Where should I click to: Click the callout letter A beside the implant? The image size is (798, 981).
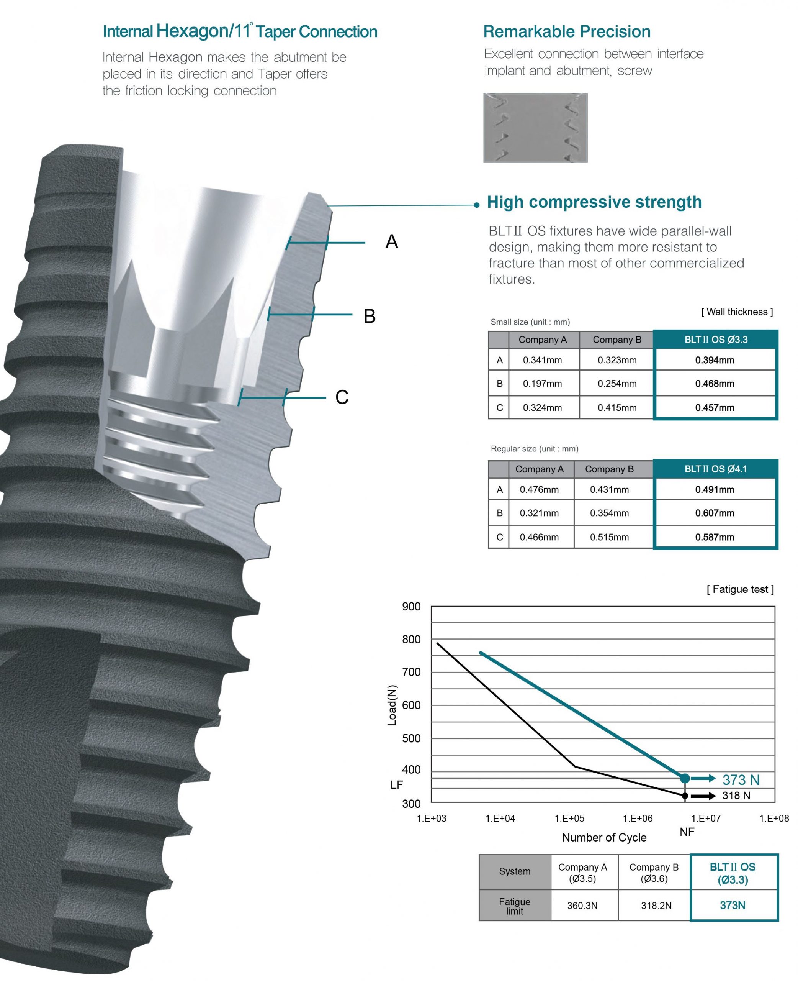tap(392, 242)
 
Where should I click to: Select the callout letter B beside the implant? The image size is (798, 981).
tap(370, 317)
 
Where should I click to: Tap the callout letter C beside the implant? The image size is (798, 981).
tap(342, 397)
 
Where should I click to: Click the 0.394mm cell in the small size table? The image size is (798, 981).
tap(715, 360)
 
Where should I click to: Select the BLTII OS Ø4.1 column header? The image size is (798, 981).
tap(715, 469)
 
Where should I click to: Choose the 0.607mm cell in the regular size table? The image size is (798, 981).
tap(715, 513)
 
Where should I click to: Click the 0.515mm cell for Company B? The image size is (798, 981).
tap(609, 537)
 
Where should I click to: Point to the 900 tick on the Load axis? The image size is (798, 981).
tap(411, 607)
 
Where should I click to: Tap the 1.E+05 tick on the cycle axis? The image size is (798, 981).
tap(569, 818)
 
